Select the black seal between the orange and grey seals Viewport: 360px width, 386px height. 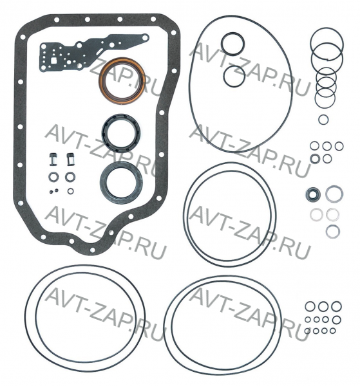104,133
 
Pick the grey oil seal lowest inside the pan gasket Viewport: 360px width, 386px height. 104,182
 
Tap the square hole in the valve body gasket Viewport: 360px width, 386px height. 53,60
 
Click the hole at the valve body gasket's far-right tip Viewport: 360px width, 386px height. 145,38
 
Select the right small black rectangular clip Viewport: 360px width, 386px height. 70,160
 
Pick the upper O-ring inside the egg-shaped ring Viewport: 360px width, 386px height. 222,44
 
